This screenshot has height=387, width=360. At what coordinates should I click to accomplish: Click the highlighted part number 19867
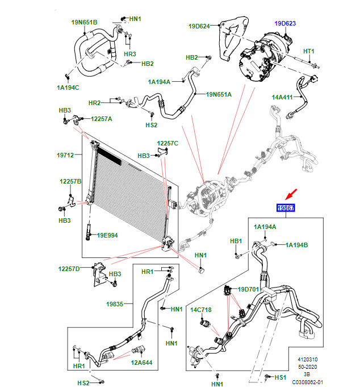pos(286,209)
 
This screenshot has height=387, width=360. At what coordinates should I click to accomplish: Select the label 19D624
pos(199,26)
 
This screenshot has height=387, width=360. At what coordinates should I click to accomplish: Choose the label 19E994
pos(107,235)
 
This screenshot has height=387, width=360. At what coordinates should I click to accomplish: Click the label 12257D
pos(69,268)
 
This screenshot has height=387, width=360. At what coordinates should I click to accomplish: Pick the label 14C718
pos(200,310)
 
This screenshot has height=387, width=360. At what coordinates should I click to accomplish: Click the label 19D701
pos(248,289)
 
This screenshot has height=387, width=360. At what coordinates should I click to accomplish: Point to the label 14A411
pos(283,97)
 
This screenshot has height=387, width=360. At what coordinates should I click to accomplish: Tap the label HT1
pos(308,52)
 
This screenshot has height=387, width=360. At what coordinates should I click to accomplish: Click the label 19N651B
pos(85,22)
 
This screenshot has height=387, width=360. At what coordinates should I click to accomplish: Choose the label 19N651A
pos(219,94)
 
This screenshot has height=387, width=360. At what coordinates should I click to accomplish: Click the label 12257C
pos(168,143)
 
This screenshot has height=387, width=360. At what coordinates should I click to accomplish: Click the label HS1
pos(281,377)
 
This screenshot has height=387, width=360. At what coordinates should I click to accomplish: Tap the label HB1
pos(236,241)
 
